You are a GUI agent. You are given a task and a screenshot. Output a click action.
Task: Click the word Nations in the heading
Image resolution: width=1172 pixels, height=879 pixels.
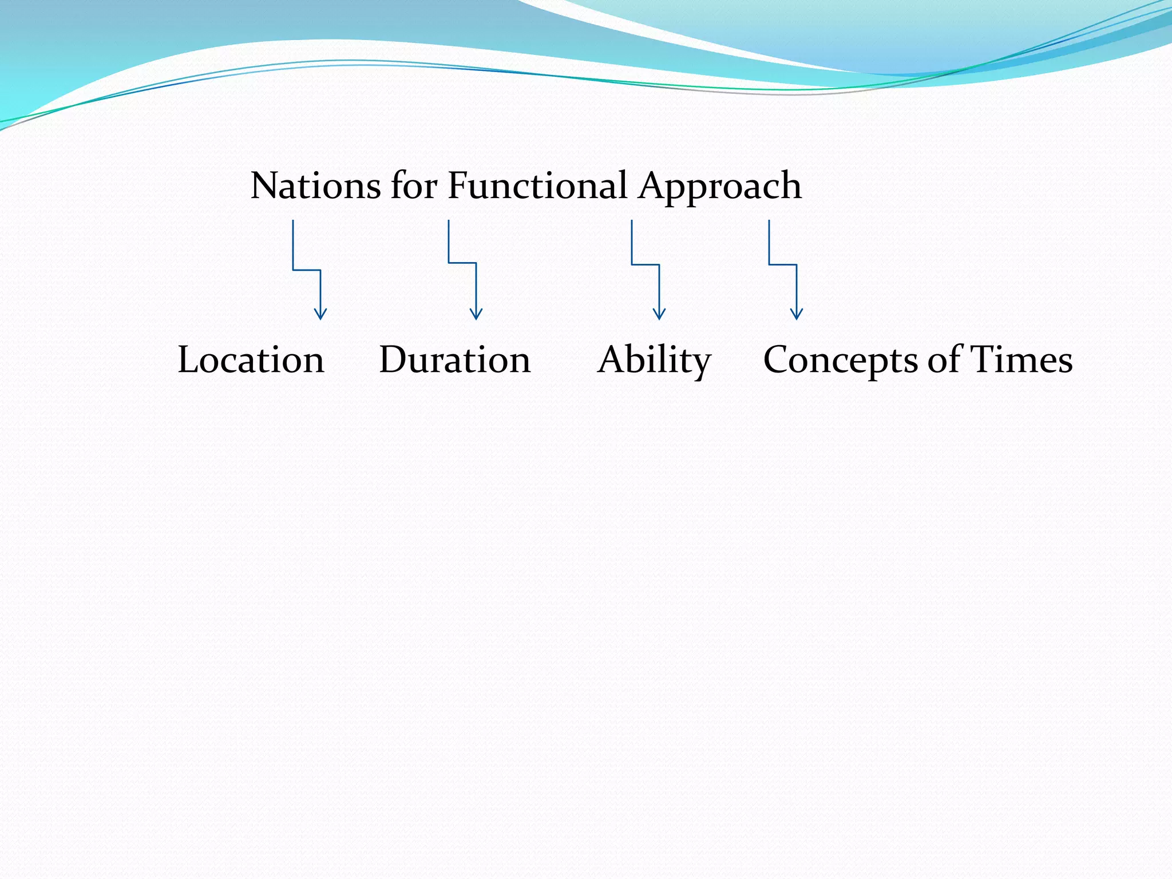(x=315, y=186)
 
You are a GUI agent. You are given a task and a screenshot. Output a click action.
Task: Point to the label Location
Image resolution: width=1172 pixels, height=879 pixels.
(x=251, y=360)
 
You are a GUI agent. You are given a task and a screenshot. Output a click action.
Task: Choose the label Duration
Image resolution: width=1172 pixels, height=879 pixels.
(x=455, y=360)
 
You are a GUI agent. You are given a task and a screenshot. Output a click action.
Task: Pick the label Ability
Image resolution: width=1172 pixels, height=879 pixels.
(x=654, y=361)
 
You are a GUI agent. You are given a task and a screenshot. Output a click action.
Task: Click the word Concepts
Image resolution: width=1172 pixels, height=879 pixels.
(x=840, y=361)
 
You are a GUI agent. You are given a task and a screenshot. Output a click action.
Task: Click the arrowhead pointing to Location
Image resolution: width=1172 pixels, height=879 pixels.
(x=320, y=314)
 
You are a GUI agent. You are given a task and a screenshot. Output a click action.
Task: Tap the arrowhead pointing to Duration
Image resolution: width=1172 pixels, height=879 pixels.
(x=476, y=314)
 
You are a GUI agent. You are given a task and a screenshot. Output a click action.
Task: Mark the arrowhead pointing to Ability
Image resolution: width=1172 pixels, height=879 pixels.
(x=659, y=314)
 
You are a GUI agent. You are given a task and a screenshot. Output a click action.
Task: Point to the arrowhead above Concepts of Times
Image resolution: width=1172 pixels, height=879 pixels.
(x=797, y=314)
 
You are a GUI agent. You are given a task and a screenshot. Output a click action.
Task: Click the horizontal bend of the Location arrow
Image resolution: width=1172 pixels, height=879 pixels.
(x=307, y=270)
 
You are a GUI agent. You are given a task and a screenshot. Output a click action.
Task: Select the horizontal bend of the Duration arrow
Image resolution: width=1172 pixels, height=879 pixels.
(x=462, y=263)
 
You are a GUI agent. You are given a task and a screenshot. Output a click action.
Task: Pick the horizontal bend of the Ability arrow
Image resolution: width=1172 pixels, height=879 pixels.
(x=646, y=264)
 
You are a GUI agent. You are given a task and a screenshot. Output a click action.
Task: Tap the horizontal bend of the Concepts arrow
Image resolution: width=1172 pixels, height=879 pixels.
(x=783, y=264)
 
